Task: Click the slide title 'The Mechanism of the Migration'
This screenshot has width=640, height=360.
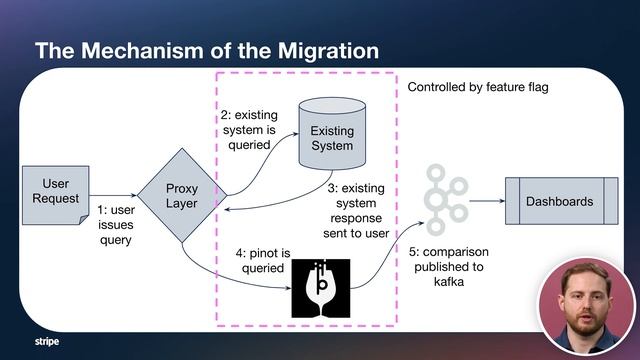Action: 207,49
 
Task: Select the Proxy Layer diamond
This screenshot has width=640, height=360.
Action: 181,196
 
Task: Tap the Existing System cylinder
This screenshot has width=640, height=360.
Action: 332,137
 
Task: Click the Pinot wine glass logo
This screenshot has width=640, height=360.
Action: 321,288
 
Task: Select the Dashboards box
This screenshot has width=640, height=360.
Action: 559,201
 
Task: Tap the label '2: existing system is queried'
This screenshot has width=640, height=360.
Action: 249,130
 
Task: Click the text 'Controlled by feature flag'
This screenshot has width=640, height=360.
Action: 478,88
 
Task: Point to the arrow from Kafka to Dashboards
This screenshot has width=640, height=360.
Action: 486,201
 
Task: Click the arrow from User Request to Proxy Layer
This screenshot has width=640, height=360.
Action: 112,196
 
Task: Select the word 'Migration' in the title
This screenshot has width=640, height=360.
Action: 320,49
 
